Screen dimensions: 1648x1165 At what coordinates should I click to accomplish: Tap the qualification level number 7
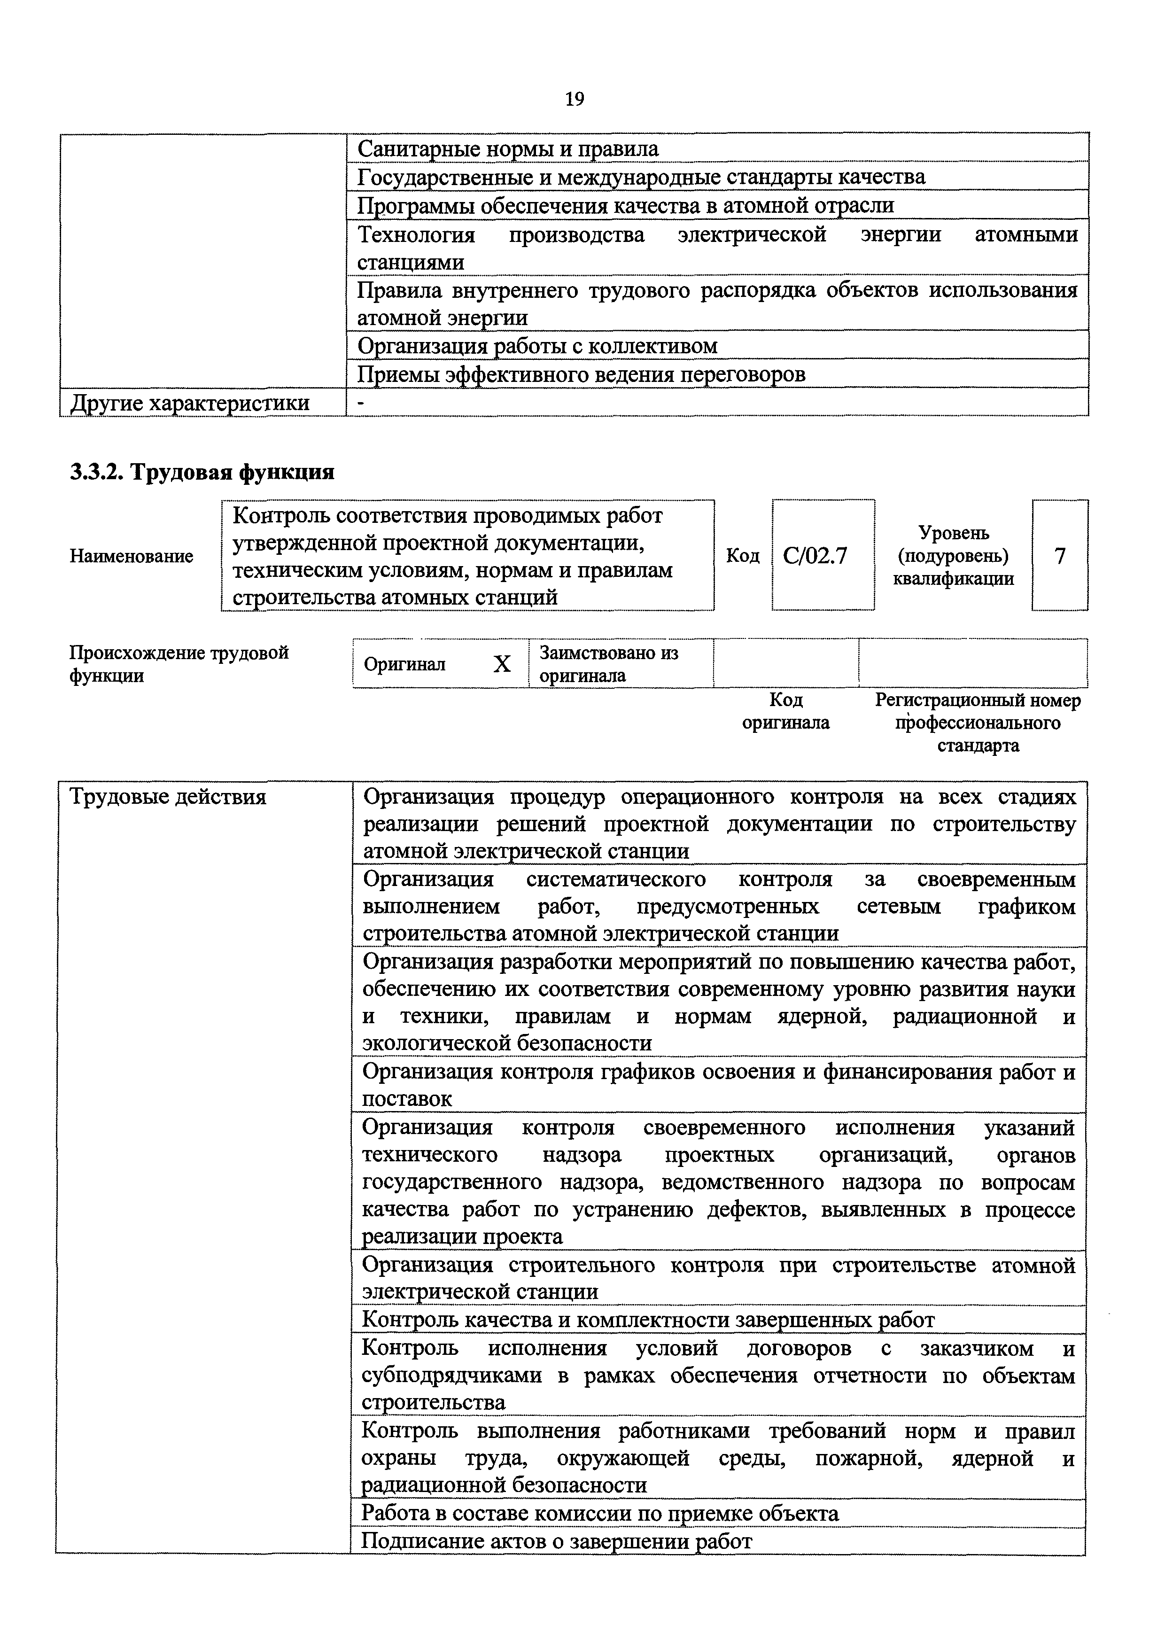1059,556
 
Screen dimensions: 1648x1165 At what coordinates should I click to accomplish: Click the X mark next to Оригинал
502,664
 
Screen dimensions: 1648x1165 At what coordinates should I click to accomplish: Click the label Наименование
132,556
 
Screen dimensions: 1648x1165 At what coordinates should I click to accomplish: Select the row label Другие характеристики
190,403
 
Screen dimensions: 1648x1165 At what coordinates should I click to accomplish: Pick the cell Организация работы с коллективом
537,346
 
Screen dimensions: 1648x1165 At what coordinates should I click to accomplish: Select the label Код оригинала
785,711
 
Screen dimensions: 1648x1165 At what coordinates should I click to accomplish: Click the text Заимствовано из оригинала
609,664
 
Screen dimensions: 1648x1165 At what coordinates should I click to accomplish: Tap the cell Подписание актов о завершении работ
556,1540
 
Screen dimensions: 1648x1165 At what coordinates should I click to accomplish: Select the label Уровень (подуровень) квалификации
953,556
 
